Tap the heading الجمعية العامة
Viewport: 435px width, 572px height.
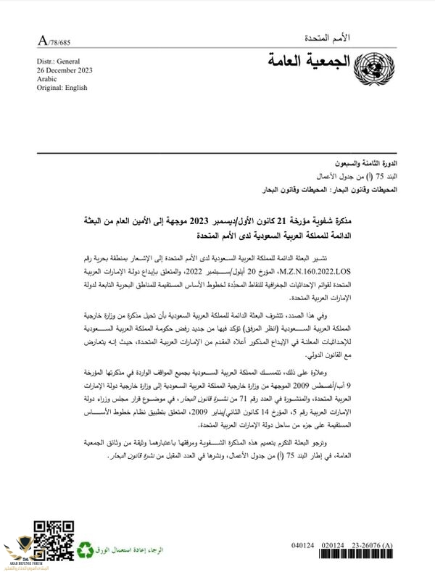click(x=310, y=62)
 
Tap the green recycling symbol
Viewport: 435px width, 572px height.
click(x=87, y=550)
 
